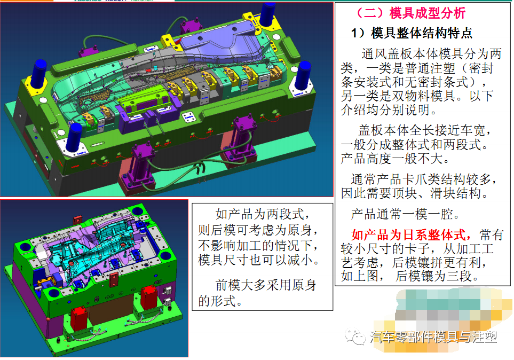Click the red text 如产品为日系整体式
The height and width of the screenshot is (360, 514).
click(x=411, y=235)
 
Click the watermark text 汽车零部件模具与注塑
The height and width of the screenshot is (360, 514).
click(x=433, y=337)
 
